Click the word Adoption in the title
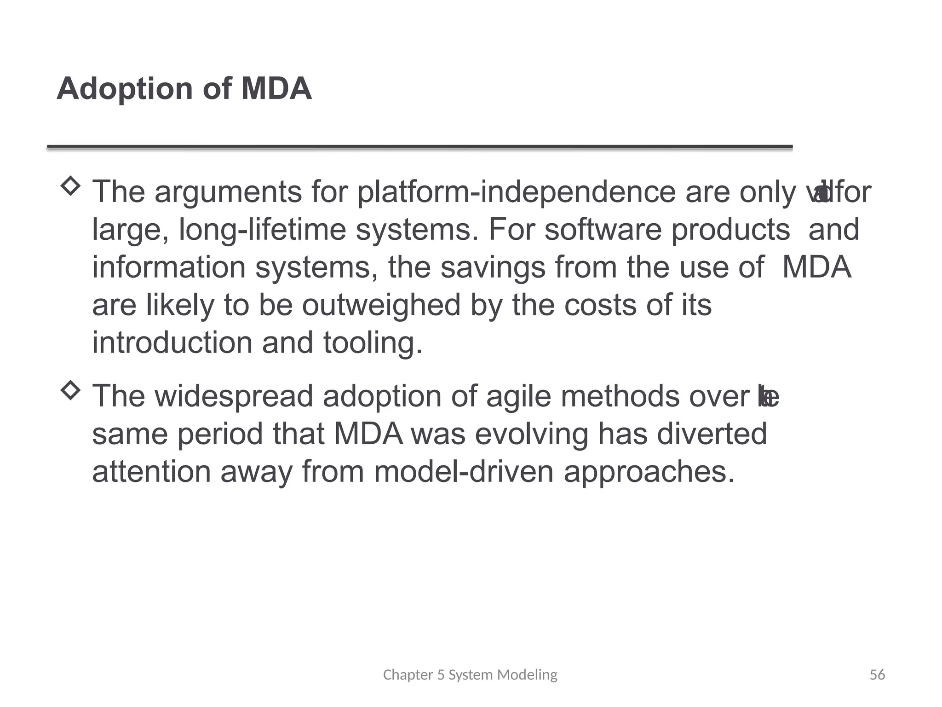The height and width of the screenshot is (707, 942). pyautogui.click(x=125, y=89)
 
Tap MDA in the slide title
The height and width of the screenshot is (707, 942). pyautogui.click(x=276, y=89)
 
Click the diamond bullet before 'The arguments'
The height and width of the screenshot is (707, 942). pyautogui.click(x=70, y=186)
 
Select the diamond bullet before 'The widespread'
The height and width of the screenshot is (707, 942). pyautogui.click(x=70, y=390)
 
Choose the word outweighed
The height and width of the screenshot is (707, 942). pyautogui.click(x=381, y=305)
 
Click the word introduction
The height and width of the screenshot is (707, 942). pyautogui.click(x=172, y=343)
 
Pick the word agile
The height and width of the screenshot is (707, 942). pyautogui.click(x=518, y=397)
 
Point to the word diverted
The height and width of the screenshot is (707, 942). pyautogui.click(x=712, y=434)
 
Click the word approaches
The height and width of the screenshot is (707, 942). pyautogui.click(x=649, y=473)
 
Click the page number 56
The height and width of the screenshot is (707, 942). pyautogui.click(x=877, y=675)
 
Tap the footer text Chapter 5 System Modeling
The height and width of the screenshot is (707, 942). pyautogui.click(x=470, y=675)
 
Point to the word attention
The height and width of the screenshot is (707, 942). pyautogui.click(x=151, y=472)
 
